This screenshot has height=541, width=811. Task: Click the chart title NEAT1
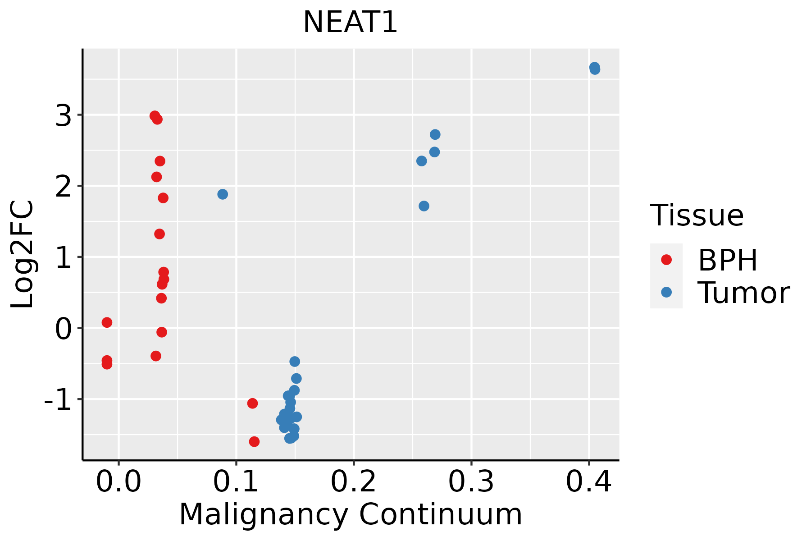pos(350,23)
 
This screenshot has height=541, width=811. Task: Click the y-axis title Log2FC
pos(23,255)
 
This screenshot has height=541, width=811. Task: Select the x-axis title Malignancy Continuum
pos(351,514)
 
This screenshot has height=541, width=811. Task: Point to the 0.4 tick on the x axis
pos(588,482)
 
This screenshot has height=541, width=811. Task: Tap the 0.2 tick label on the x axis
pos(354,482)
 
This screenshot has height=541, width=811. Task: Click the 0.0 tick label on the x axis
pos(118,482)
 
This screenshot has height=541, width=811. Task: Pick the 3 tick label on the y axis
pos(64,116)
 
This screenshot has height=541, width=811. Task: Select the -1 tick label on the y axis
pos(58,400)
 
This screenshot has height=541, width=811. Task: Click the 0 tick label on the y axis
pos(64,329)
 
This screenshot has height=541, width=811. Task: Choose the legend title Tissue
pos(697,215)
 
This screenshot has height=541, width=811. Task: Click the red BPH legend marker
pos(666,260)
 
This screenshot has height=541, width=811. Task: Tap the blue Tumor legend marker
pos(666,292)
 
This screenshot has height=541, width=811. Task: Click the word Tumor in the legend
pos(743,293)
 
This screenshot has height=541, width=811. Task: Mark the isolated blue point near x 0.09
pos(223,194)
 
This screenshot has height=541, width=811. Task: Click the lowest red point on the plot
pos(254,441)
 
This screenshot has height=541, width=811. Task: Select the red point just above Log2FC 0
pos(107,322)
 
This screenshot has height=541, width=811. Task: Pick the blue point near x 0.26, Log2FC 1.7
pos(424,206)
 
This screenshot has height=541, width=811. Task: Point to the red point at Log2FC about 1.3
pos(159,234)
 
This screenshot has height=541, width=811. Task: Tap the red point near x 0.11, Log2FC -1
pos(252,403)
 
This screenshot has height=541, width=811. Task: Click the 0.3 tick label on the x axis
pos(471,482)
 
